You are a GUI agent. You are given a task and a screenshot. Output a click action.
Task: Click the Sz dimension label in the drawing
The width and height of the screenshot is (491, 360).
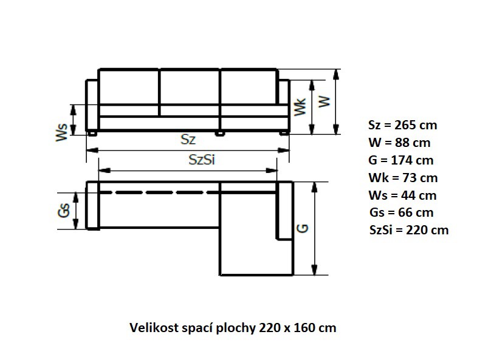click(x=188, y=139)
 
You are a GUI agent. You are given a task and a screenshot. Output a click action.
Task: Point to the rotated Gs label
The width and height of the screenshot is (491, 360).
click(x=63, y=211)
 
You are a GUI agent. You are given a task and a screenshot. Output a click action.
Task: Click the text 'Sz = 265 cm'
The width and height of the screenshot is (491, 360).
click(x=402, y=126)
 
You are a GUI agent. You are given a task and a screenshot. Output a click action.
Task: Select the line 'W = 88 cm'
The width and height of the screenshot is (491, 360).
click(x=399, y=143)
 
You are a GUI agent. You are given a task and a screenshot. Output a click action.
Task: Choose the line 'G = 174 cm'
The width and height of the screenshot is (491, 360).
click(x=400, y=161)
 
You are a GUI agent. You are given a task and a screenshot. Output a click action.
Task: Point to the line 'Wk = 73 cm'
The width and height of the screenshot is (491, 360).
click(x=402, y=178)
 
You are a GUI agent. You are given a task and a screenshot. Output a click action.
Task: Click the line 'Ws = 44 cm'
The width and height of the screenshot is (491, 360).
click(x=402, y=195)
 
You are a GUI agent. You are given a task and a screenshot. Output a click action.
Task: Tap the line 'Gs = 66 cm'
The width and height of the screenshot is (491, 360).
click(x=401, y=213)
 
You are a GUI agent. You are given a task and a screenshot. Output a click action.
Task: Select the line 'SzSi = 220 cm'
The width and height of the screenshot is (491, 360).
click(x=408, y=231)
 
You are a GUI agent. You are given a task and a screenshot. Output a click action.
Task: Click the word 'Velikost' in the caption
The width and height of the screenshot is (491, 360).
click(x=153, y=328)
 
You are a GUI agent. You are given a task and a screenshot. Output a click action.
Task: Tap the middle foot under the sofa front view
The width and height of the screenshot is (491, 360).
click(x=220, y=132)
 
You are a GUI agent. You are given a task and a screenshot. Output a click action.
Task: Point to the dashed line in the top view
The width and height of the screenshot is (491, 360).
click(x=158, y=192)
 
